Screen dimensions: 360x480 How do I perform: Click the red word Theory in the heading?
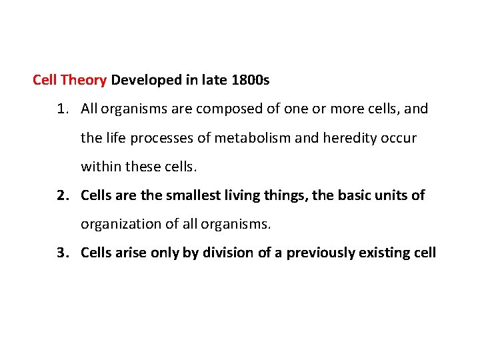coord(83,81)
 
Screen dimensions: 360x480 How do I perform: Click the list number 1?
coord(61,108)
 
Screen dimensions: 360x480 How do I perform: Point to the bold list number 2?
coord(61,195)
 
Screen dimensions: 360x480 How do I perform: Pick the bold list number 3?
coord(61,253)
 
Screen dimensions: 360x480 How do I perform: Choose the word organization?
coord(119,224)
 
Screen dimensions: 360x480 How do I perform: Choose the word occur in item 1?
coord(399,138)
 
